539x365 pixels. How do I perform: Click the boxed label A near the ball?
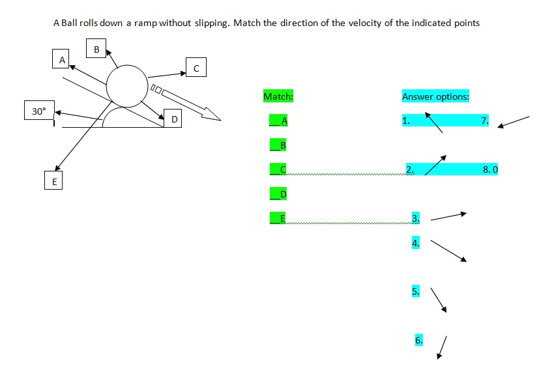coord(62,59)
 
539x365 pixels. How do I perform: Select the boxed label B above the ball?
coord(96,49)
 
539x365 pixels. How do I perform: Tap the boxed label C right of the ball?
coord(196,67)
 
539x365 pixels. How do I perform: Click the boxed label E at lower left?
coord(54,181)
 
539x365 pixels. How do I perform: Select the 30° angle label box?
coord(39,111)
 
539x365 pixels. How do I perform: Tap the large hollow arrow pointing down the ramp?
coord(189,104)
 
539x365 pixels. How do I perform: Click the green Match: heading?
coord(278,96)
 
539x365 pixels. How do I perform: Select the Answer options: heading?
coord(435,96)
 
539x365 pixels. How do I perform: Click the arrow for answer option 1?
coord(434,123)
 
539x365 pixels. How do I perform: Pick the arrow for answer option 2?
coord(435,166)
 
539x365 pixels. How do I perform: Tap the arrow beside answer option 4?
coord(448,250)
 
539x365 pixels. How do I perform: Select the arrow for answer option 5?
coord(439,301)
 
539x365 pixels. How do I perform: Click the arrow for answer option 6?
coord(443,347)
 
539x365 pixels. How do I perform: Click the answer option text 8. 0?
coord(490,169)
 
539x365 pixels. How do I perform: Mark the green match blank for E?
coord(278,218)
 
